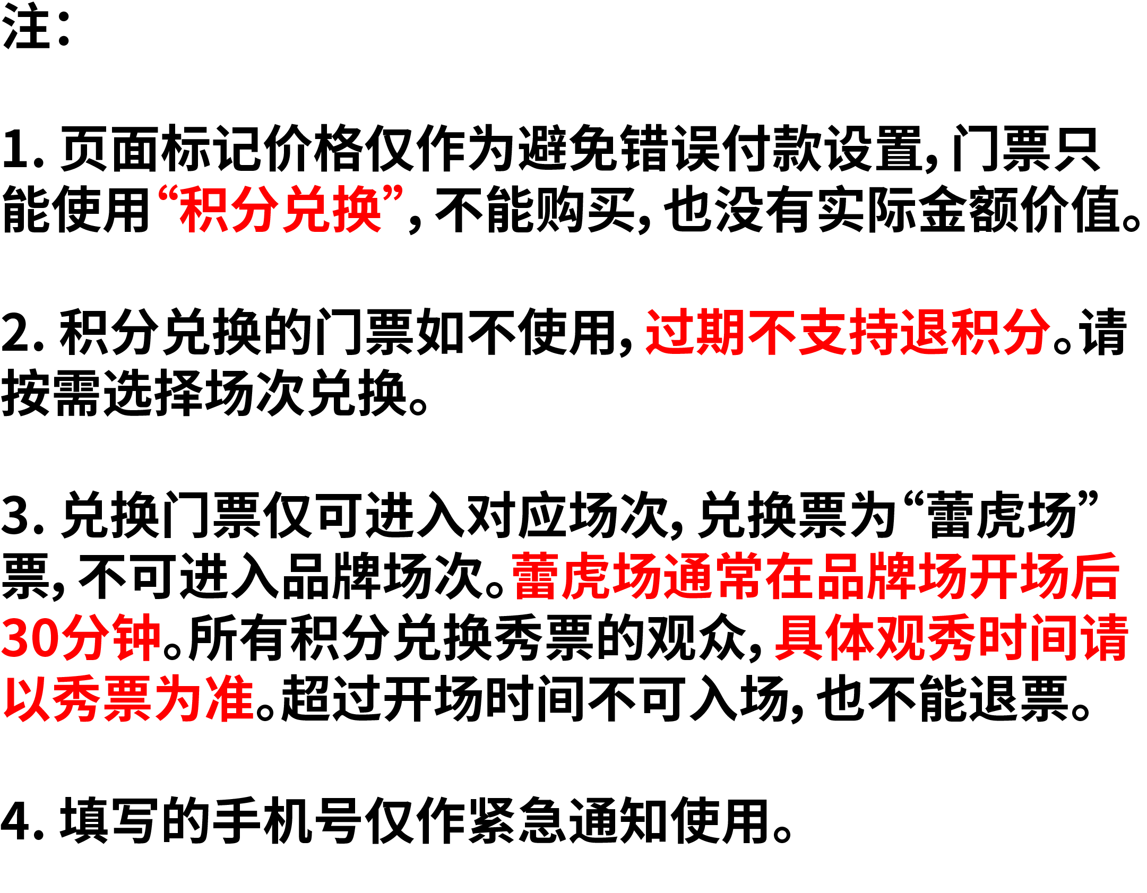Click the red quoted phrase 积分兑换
(280, 210)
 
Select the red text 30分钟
(80, 637)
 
